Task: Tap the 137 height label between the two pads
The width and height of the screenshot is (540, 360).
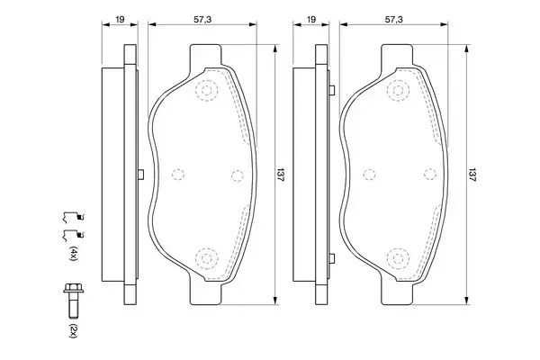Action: [280, 175]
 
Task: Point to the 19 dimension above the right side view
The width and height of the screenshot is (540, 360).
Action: [310, 17]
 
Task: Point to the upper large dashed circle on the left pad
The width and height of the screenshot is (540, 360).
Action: [208, 90]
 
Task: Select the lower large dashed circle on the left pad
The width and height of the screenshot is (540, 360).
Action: [208, 259]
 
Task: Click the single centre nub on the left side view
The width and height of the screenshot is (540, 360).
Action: [139, 175]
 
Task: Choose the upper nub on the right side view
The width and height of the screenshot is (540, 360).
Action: [332, 89]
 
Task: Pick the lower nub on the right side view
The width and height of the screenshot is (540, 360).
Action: [332, 259]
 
